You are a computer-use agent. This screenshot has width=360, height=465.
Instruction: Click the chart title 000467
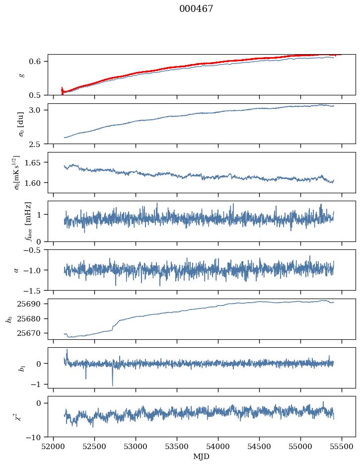tap(196, 9)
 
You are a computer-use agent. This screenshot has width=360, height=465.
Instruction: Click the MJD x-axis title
tap(202, 457)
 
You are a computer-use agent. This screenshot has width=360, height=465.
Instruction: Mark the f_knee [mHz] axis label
tap(28, 221)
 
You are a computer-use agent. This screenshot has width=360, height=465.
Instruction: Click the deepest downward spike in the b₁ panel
tap(112, 386)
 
